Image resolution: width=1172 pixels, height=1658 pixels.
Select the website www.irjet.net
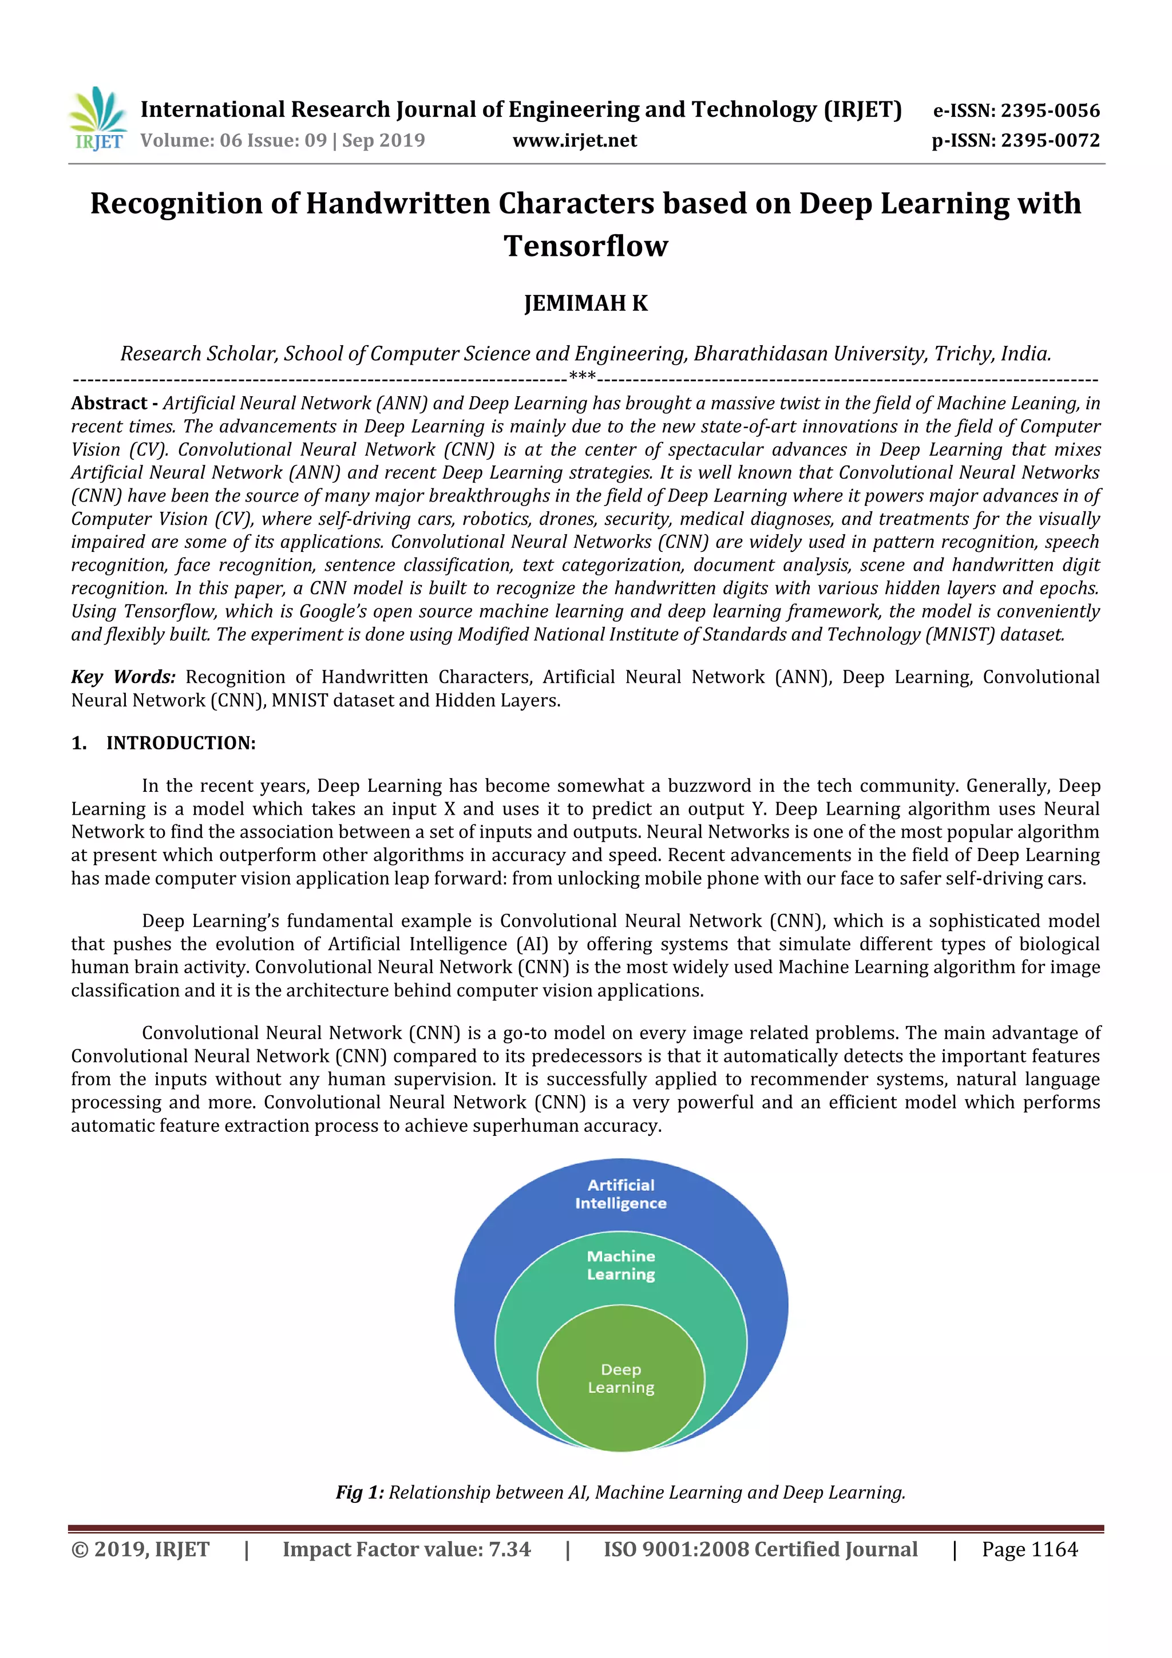tap(575, 140)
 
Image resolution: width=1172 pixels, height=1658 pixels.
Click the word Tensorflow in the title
tap(585, 246)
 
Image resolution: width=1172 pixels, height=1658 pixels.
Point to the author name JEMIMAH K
tap(585, 303)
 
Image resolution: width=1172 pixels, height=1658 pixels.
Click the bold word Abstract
tap(109, 403)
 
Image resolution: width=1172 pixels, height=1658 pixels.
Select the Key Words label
tap(122, 677)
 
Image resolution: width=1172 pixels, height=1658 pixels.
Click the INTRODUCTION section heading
tap(180, 743)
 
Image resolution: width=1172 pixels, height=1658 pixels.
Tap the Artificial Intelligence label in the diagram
tap(621, 1194)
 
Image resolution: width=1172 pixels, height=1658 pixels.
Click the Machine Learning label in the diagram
tap(621, 1265)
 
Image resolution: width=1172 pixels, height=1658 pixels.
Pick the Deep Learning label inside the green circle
tap(621, 1378)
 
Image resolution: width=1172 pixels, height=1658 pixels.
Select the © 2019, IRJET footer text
tap(140, 1549)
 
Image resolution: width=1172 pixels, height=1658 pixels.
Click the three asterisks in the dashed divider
tap(583, 376)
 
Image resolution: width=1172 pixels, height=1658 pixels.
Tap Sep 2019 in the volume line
tap(383, 140)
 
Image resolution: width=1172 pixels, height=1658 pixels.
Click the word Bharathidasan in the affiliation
tap(761, 354)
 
